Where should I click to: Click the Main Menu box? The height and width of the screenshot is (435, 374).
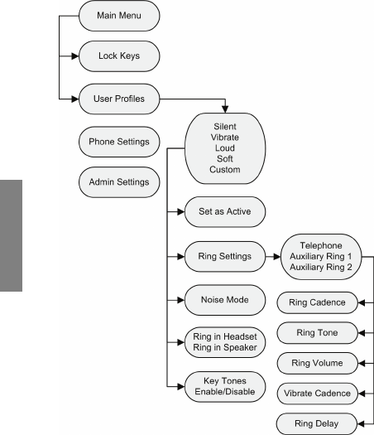coord(119,16)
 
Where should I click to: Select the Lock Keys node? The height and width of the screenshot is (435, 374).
coord(119,56)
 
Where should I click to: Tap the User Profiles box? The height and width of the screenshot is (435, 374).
coord(119,99)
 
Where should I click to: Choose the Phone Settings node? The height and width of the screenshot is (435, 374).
coord(119,142)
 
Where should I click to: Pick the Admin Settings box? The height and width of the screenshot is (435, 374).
coord(119,182)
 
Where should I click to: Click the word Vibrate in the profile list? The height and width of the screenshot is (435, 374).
coord(225,138)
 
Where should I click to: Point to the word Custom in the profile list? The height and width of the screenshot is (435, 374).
coord(225,170)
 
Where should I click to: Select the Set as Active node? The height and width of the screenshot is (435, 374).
coord(225,211)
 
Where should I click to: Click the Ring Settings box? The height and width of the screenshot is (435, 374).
coord(225,256)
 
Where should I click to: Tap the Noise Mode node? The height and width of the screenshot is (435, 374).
coord(225,300)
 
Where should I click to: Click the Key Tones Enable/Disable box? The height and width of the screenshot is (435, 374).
coord(225,386)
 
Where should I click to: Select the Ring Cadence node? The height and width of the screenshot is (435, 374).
coord(317,302)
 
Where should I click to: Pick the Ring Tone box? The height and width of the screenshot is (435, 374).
coord(317,332)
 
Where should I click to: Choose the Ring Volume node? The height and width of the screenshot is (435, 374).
coord(317,363)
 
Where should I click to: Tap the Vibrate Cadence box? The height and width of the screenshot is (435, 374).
coord(317,394)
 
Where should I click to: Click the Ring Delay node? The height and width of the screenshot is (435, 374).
coord(317,423)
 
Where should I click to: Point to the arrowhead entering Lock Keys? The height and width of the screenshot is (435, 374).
coord(75,56)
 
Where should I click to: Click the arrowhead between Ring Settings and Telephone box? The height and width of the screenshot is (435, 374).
coord(277,257)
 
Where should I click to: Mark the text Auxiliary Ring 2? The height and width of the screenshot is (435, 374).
coord(321,267)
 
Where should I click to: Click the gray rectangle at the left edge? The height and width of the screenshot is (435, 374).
coord(11,235)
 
